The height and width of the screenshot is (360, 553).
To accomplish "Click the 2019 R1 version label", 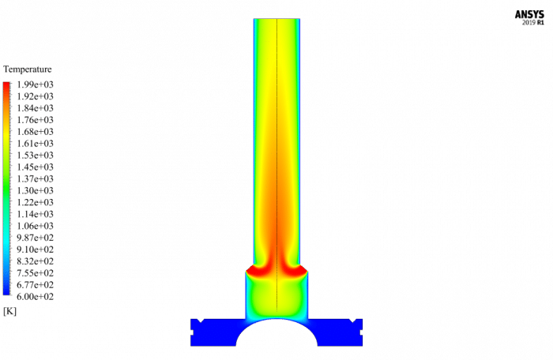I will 533,23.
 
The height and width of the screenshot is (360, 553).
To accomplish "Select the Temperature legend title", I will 28,69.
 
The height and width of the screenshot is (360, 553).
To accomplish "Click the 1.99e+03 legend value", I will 36,84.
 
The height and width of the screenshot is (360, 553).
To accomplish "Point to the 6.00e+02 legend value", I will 36,297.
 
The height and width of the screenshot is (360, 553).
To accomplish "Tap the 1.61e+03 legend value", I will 36,144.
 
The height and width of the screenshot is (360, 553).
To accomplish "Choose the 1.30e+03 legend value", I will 36,191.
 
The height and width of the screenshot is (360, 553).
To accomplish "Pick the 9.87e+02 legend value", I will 36,238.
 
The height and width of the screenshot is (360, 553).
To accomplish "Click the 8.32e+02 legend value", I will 36,261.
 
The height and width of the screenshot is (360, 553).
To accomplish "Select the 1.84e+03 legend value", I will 36,108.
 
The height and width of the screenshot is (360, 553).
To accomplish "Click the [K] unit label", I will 10,311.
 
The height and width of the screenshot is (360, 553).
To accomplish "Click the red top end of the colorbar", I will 7,84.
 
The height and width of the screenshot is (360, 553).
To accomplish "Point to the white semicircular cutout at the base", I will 276,336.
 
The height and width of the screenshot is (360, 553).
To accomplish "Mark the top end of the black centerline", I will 277,20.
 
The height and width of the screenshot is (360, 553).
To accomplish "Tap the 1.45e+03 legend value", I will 36,167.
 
